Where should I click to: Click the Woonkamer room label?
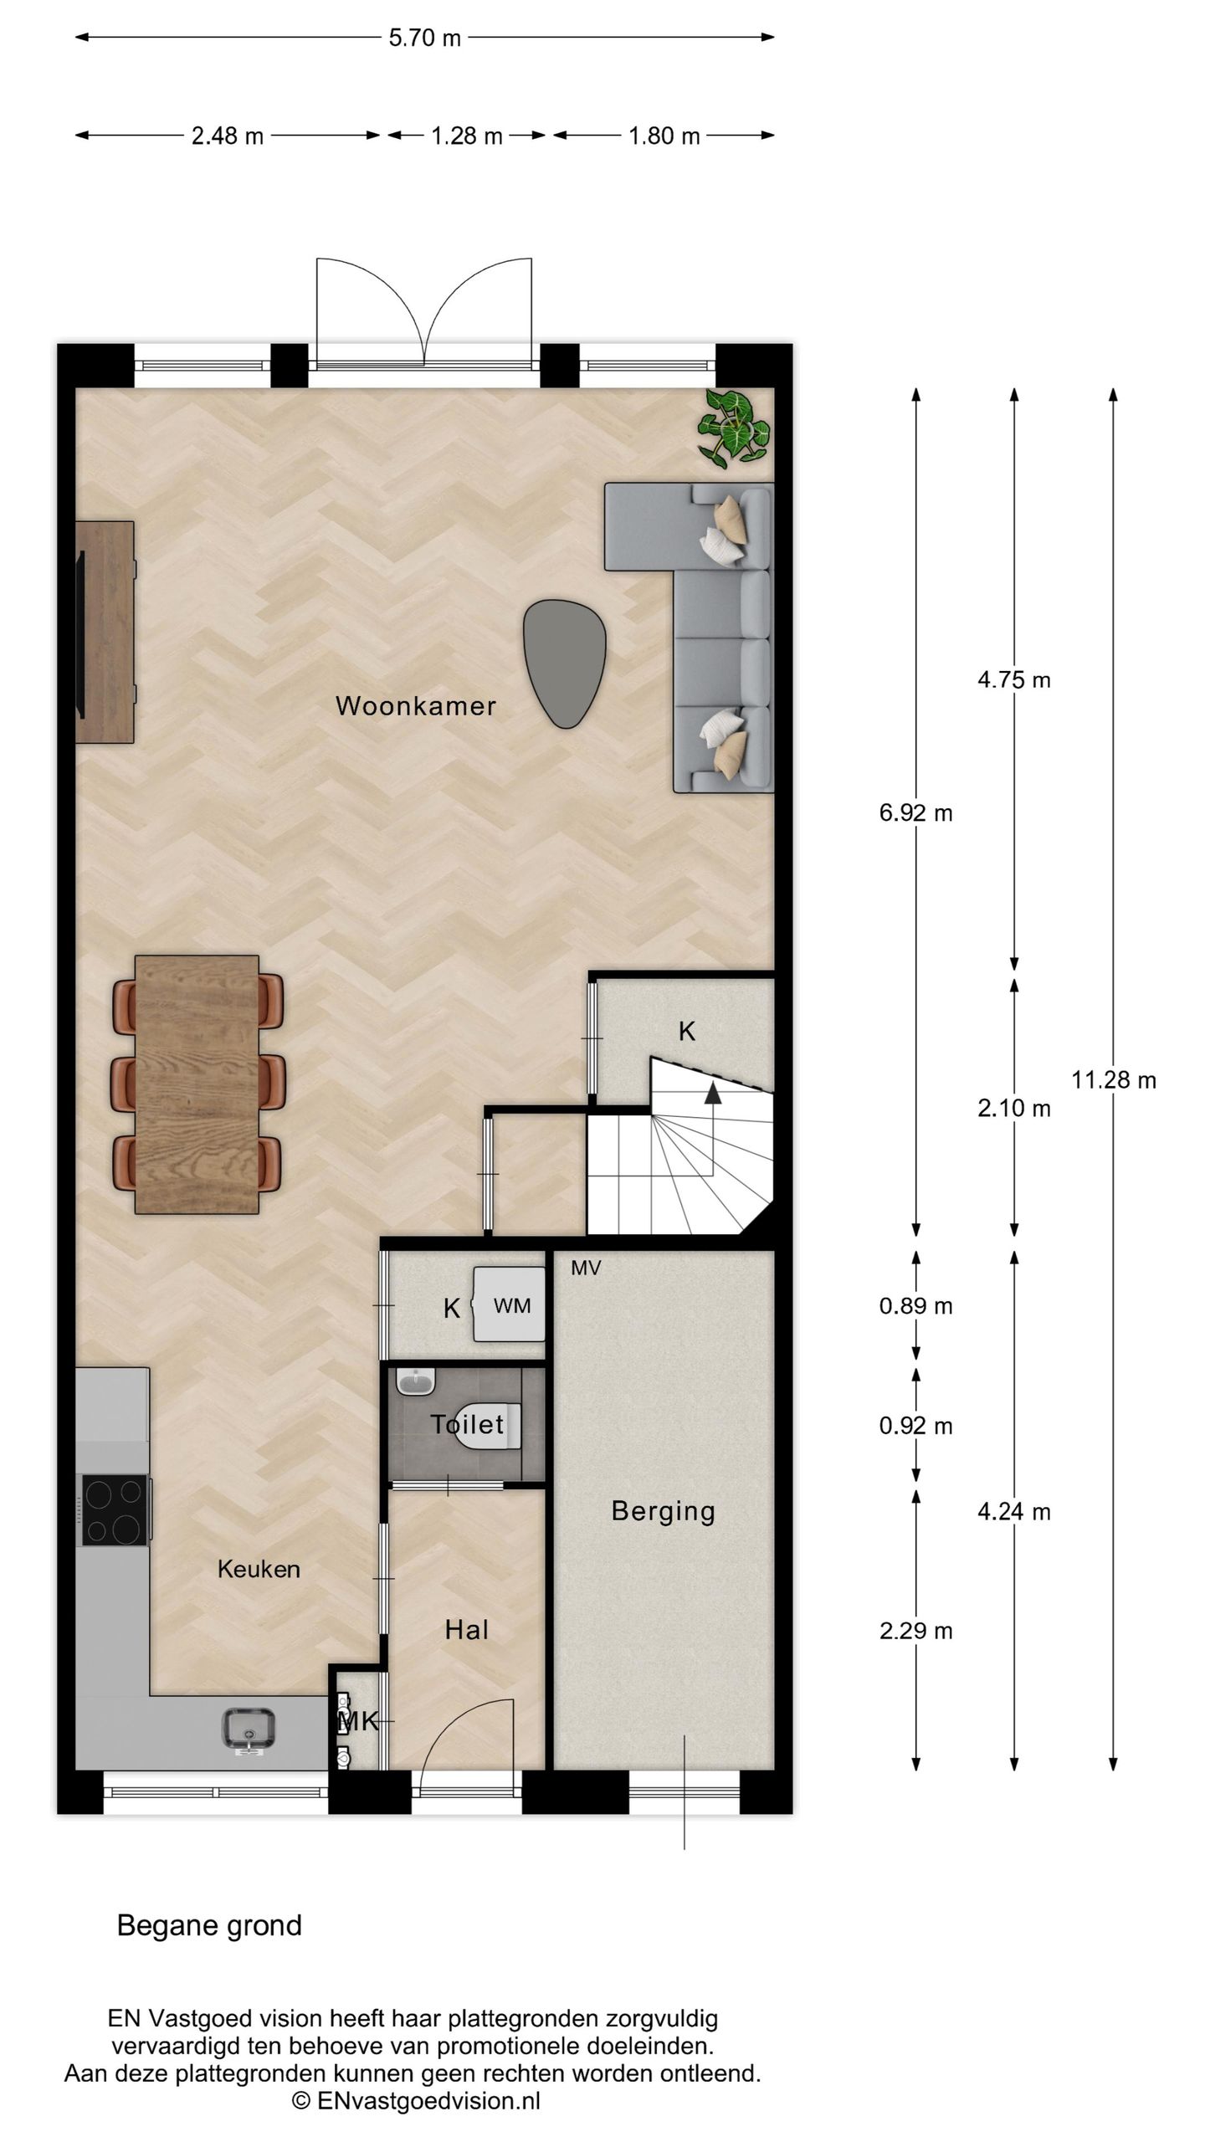(x=416, y=705)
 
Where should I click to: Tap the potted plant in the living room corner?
(x=734, y=427)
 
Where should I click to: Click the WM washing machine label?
(x=512, y=1306)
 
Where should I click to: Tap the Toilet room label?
(x=467, y=1424)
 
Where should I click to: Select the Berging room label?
(x=664, y=1511)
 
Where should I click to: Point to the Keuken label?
(x=259, y=1569)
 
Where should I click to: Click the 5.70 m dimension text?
(x=425, y=38)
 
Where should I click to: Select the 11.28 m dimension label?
(x=1114, y=1080)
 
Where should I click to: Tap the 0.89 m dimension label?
(x=915, y=1306)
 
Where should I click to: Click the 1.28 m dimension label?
(x=467, y=136)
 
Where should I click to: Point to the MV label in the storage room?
(x=586, y=1268)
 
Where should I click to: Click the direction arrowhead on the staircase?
(x=713, y=1091)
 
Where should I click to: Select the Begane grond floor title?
(x=209, y=1927)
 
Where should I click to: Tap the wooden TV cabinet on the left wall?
(x=105, y=632)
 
